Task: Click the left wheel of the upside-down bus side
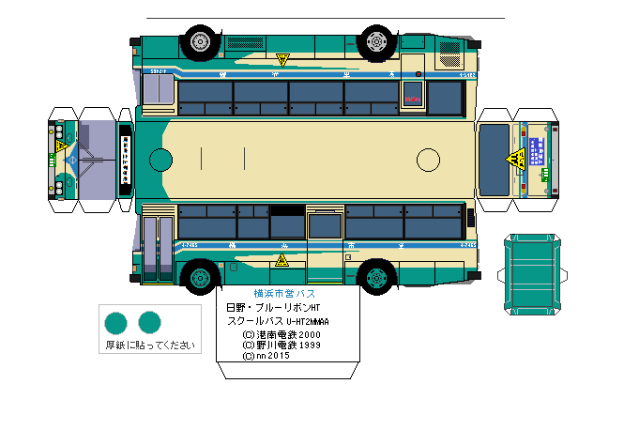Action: pos(199,40)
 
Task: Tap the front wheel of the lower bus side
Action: pos(199,277)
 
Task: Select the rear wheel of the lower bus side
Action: pos(376,277)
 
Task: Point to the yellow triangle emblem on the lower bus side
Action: pos(281,261)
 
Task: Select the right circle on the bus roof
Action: pos(428,160)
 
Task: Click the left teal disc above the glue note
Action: pos(115,323)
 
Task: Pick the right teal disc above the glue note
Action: pos(149,323)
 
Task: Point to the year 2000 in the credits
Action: pos(309,333)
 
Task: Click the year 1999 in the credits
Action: pos(309,345)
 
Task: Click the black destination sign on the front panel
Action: pos(125,160)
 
